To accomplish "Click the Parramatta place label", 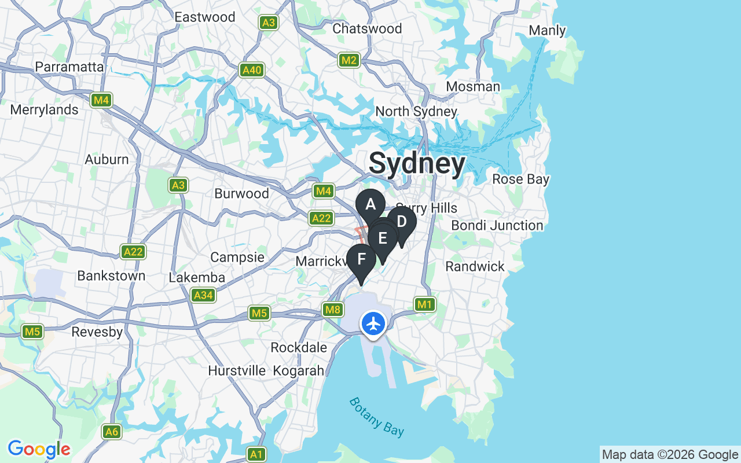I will (69, 67).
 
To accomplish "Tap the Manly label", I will (547, 30).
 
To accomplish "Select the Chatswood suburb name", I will (367, 28).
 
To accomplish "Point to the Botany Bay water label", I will (376, 417).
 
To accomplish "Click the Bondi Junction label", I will (497, 225).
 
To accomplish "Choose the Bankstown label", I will (111, 275).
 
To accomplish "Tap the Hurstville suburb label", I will (237, 370).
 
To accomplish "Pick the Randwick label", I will (475, 266).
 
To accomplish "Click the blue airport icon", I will (374, 324).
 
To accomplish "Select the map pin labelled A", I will (370, 204).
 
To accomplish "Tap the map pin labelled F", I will (361, 259).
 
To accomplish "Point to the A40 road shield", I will (252, 70).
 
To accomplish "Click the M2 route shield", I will (349, 60).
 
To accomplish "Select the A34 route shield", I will (203, 295).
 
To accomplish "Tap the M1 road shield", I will (424, 304).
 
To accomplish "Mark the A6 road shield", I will (112, 431).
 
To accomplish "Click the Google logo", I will (39, 449).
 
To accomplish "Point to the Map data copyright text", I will (670, 455).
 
